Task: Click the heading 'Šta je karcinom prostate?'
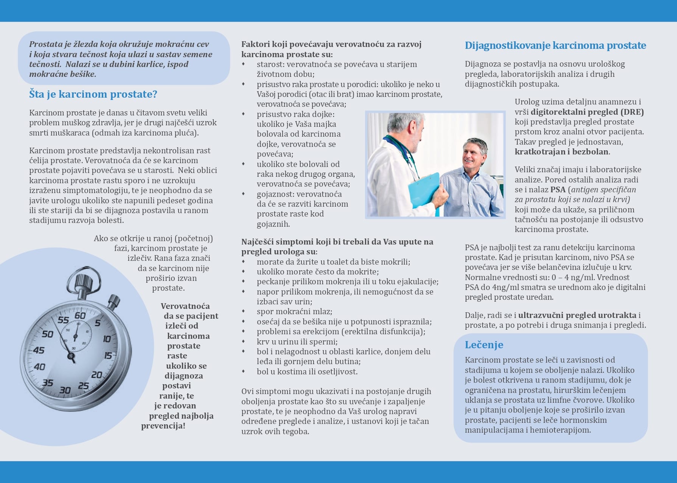pos(93,94)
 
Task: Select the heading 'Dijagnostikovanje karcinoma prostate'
pos(555,45)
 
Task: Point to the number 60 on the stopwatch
pos(80,315)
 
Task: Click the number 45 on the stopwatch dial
pos(39,350)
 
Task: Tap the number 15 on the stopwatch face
pos(108,355)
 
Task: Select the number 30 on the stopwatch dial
pos(65,390)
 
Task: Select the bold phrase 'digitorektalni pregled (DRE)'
pos(587,112)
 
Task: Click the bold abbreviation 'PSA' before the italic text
pos(558,190)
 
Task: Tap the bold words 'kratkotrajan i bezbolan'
pos(562,152)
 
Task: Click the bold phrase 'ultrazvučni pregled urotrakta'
pos(577,315)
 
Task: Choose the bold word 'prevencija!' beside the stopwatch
pos(163,426)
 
